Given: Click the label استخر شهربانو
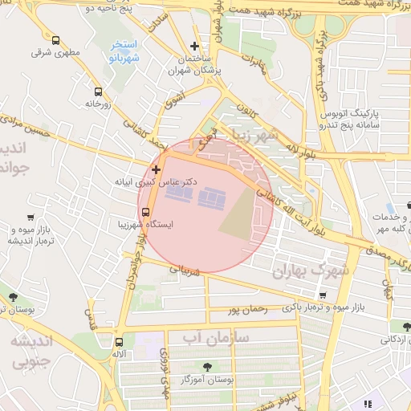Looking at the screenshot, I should point(124,51).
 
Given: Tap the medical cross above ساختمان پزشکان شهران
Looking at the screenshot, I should point(194,46).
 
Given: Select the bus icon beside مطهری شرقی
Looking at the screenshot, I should point(55,40).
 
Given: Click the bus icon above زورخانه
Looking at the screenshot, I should point(98,92).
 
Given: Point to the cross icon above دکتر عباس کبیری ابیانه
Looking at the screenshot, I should point(155,169).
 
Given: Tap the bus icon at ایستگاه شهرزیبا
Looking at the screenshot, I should point(145,212).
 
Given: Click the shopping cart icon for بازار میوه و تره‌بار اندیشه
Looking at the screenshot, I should point(31,217).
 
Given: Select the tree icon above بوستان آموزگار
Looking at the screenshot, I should point(208,366).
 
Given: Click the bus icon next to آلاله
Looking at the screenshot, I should point(120,342).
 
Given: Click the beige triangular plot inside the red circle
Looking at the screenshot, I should point(238,217).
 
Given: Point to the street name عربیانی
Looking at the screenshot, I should point(187,271).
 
